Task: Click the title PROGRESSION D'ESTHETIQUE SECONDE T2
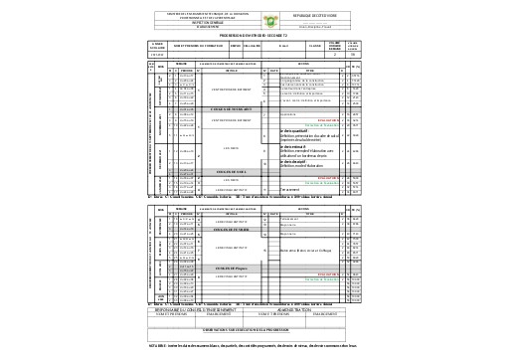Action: pos(254,35)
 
